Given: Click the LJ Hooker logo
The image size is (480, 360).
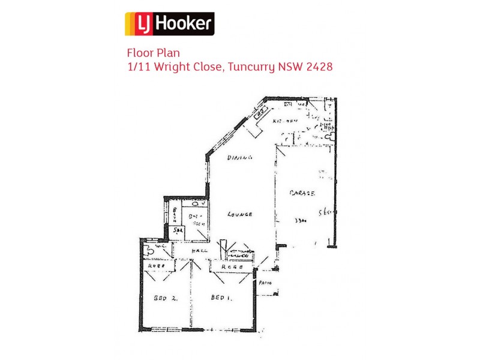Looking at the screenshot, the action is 169,24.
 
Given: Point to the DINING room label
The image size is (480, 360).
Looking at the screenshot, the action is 240,158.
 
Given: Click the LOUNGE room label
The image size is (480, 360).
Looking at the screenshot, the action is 239,214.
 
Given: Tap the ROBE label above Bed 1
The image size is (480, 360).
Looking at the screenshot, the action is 232,267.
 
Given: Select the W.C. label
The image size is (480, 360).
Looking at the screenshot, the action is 160,246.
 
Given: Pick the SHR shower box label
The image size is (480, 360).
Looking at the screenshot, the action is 177,230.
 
